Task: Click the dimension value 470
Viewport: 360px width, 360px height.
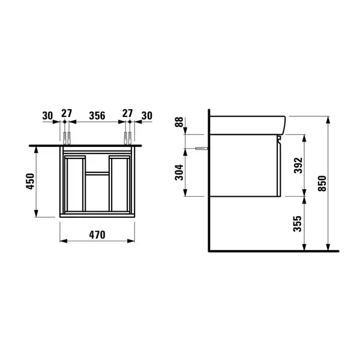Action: pyautogui.click(x=97, y=235)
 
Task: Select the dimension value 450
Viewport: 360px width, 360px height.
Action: pyautogui.click(x=30, y=181)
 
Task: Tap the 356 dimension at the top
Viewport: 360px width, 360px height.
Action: pyautogui.click(x=97, y=115)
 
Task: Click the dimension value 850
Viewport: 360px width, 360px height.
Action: pyautogui.click(x=322, y=183)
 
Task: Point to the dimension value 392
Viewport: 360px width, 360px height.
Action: pyautogui.click(x=298, y=166)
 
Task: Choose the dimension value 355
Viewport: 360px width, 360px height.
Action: pyautogui.click(x=298, y=223)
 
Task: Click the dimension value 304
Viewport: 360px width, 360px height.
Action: pyautogui.click(x=179, y=172)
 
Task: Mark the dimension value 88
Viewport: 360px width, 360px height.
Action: pyautogui.click(x=179, y=122)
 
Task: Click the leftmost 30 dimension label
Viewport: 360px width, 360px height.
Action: pyautogui.click(x=47, y=116)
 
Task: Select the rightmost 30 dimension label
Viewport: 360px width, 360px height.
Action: pyautogui.click(x=147, y=116)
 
